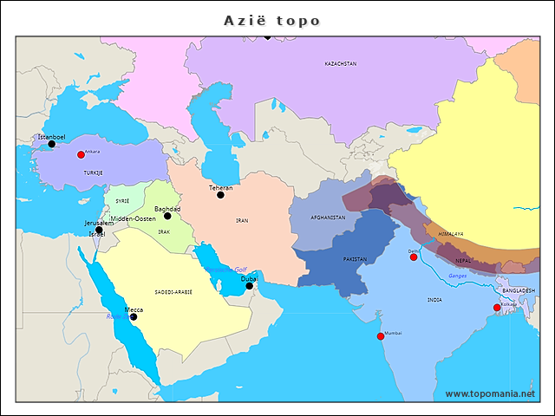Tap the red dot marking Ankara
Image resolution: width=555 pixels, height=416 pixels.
[x=81, y=155]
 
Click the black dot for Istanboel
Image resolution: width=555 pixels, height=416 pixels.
[x=52, y=145]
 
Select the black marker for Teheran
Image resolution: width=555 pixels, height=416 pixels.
[x=220, y=195]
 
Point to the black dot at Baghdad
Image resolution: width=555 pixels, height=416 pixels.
[x=167, y=216]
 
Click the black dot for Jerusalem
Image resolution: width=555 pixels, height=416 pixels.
[x=99, y=230]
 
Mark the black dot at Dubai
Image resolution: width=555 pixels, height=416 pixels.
[x=249, y=286]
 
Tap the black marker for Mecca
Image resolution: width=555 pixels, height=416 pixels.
[x=134, y=316]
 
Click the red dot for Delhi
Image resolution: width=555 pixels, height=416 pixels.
[x=414, y=257]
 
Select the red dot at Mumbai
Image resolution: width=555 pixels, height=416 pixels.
[x=380, y=336]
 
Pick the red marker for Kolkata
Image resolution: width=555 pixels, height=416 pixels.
[x=497, y=308]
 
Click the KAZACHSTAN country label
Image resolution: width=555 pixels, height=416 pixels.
[x=341, y=64]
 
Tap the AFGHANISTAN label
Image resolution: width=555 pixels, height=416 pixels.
[x=328, y=218]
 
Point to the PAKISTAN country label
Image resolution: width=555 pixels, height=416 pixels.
[x=355, y=259]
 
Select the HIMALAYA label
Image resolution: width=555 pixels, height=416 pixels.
[x=450, y=234]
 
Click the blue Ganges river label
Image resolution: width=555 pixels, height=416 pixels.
[x=458, y=276]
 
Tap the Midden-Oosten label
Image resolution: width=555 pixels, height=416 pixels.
[x=133, y=219]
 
